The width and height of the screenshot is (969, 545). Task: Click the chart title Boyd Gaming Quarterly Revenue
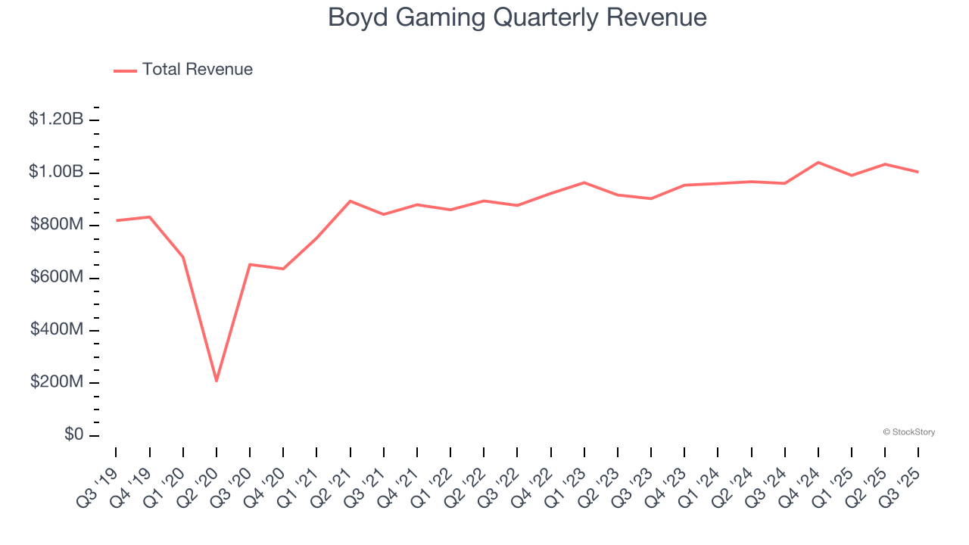[x=517, y=17]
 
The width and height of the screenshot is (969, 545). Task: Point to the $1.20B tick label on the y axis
[x=56, y=119]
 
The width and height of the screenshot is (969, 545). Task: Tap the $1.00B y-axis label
[x=56, y=172]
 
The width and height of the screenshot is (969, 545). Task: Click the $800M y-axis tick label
[x=58, y=225]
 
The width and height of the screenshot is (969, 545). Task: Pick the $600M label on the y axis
[x=58, y=277]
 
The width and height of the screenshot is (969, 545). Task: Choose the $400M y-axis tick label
[x=58, y=330]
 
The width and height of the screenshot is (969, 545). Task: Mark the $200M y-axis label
[x=58, y=382]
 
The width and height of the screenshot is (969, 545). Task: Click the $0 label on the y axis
[x=74, y=435]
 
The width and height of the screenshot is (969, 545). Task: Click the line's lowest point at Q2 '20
[x=217, y=381]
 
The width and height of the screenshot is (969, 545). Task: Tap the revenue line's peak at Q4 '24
[x=818, y=162]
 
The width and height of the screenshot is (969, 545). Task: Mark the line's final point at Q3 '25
[x=918, y=172]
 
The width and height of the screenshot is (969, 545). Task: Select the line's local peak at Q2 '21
[x=350, y=201]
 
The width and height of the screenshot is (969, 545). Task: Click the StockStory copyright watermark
[x=908, y=432]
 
